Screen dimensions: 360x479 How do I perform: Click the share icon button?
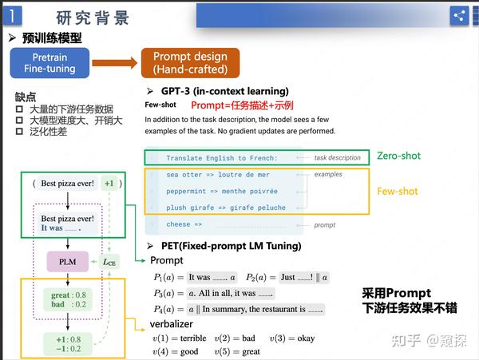tap(459, 15)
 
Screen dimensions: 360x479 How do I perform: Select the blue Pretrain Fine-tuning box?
tap(49, 63)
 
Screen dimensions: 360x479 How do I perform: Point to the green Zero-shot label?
tap(398, 156)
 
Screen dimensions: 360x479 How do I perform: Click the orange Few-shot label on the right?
tap(398, 191)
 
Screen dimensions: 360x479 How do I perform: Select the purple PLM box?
tap(67, 260)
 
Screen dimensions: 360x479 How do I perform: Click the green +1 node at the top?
tap(109, 184)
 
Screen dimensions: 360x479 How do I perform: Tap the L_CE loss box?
tap(110, 260)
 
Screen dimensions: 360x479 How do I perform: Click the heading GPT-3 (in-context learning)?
tap(219, 91)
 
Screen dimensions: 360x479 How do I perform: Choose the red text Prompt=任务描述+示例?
tap(242, 105)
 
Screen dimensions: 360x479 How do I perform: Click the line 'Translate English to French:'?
tap(221, 158)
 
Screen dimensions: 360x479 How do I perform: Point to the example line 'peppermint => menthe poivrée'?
tap(222, 192)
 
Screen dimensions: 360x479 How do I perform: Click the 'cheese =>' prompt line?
tap(184, 225)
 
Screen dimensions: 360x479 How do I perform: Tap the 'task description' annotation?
tap(338, 158)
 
